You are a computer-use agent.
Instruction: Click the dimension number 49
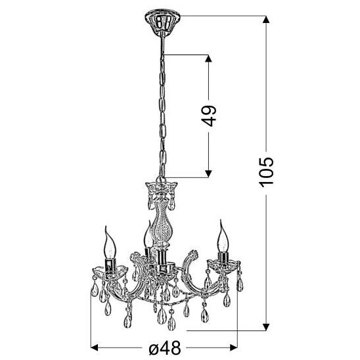pyautogui.click(x=210, y=116)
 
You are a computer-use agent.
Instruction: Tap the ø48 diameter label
pyautogui.click(x=164, y=348)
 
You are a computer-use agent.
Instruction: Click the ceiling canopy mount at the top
pyautogui.click(x=162, y=21)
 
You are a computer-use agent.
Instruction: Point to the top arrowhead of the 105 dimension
pyautogui.click(x=266, y=19)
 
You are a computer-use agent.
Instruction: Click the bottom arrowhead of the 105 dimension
pyautogui.click(x=266, y=326)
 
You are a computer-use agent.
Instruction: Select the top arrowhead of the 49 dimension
pyautogui.click(x=208, y=58)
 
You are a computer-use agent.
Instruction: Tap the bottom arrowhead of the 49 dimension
pyautogui.click(x=208, y=174)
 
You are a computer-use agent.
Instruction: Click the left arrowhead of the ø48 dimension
pyautogui.click(x=95, y=348)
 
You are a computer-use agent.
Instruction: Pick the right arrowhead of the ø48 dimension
pyautogui.click(x=233, y=348)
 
